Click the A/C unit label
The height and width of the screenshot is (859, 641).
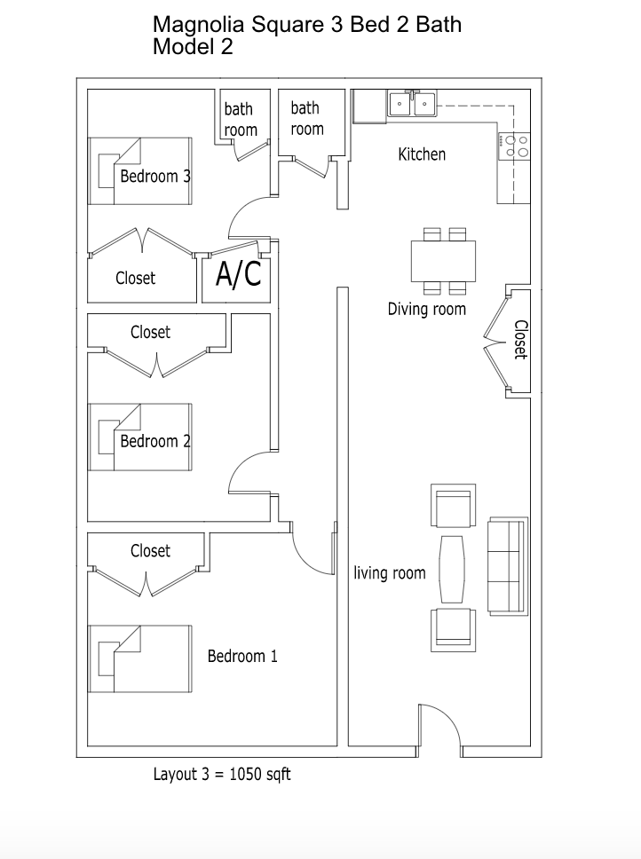click(x=238, y=276)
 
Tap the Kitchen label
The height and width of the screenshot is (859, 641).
click(x=422, y=154)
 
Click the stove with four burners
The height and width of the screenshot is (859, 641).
click(x=516, y=146)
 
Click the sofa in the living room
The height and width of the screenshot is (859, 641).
click(x=507, y=566)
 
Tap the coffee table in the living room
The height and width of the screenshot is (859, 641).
click(x=452, y=568)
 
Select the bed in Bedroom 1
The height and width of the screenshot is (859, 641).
click(x=139, y=658)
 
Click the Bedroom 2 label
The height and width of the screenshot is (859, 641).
click(x=155, y=441)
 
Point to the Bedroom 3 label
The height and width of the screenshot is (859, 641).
click(x=155, y=176)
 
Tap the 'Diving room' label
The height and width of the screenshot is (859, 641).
click(x=426, y=310)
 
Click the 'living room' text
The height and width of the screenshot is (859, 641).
click(x=390, y=573)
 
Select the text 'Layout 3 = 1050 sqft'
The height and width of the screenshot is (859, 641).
click(x=222, y=775)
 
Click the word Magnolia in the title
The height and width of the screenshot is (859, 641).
click(x=197, y=24)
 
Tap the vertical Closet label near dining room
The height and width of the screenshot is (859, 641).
click(x=520, y=339)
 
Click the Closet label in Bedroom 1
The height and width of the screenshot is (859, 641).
click(x=150, y=551)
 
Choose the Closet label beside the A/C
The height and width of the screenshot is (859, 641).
click(x=135, y=278)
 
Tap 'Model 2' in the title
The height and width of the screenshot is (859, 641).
click(x=193, y=48)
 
